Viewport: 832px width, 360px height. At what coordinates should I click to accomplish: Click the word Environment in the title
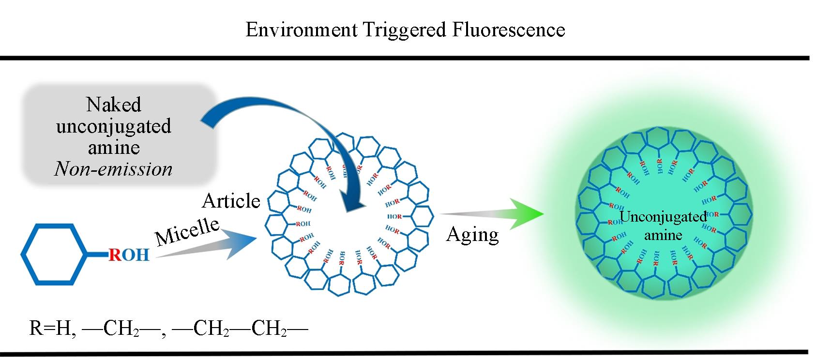[x=301, y=30]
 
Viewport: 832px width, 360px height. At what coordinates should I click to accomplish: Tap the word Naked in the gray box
[x=114, y=105]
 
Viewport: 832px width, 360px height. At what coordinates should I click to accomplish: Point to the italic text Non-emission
[x=114, y=169]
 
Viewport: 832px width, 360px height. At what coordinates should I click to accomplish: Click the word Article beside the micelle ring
[x=231, y=201]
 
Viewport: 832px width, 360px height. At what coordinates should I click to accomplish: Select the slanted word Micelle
[x=187, y=230]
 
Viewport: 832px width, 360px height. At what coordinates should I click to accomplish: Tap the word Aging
[x=472, y=234]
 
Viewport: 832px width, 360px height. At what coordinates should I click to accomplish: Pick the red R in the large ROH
[x=115, y=255]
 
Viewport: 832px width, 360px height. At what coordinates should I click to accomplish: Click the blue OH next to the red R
[x=136, y=255]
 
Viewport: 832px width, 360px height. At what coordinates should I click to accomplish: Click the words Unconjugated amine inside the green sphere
[x=663, y=225]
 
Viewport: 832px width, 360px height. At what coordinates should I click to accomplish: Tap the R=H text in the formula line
[x=50, y=329]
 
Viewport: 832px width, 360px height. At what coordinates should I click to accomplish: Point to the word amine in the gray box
[x=114, y=147]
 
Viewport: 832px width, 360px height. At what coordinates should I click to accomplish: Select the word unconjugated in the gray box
[x=114, y=126]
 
